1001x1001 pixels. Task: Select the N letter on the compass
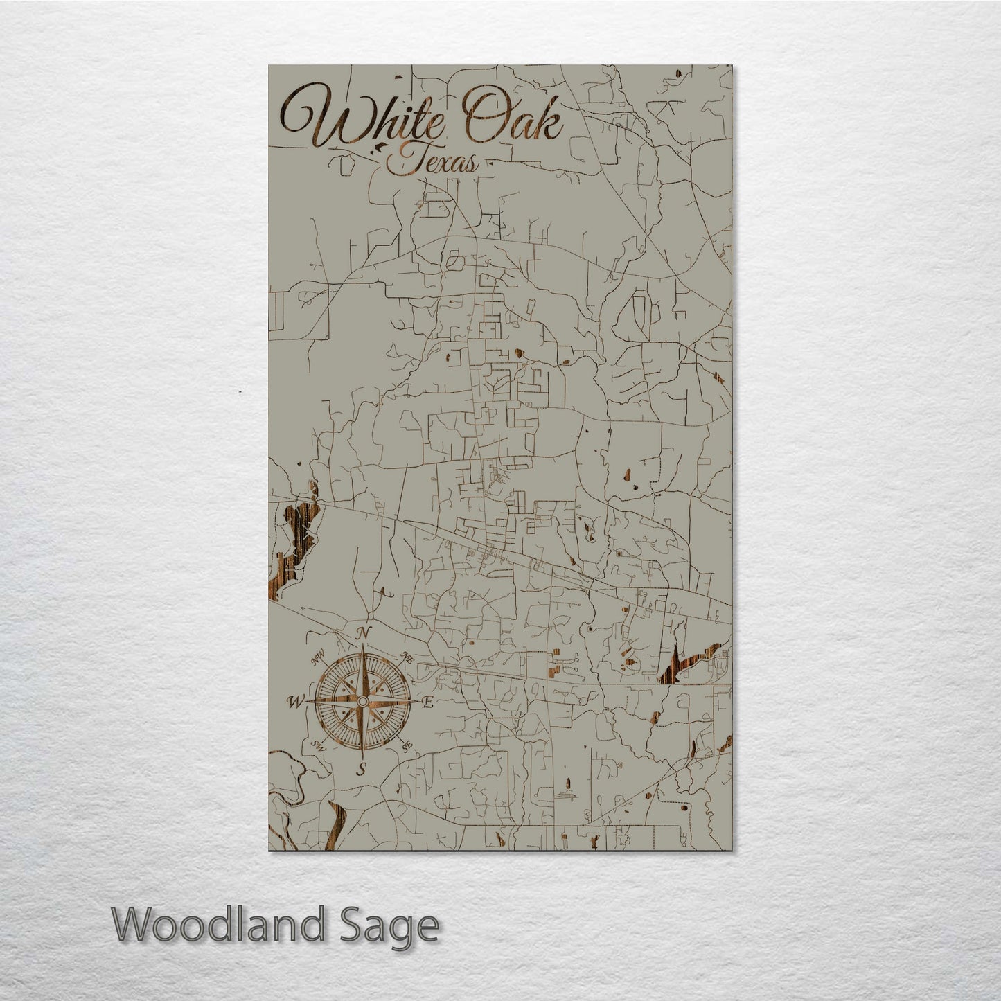[362, 633]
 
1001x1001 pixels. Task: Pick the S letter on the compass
[360, 768]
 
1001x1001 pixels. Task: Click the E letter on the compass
[427, 702]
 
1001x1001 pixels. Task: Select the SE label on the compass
[407, 747]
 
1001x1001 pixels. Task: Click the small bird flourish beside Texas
[380, 146]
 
